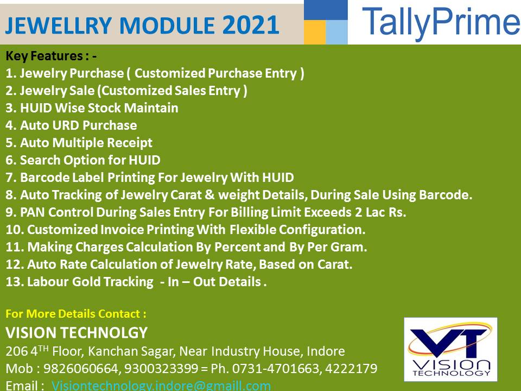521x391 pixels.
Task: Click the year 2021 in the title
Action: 251,26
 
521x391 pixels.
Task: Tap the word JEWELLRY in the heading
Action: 59,26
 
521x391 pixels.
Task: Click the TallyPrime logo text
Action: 441,22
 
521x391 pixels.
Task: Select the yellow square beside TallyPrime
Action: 315,32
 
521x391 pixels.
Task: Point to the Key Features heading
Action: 51,56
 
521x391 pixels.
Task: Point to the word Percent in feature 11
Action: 237,247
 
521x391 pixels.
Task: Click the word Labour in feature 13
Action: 48,282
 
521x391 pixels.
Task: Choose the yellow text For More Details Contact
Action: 76,314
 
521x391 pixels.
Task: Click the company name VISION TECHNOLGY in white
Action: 77,333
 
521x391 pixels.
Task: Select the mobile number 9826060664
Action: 81,368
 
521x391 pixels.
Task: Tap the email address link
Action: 161,386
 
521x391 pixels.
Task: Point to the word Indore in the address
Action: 326,351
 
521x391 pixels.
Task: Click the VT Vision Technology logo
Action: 450,349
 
